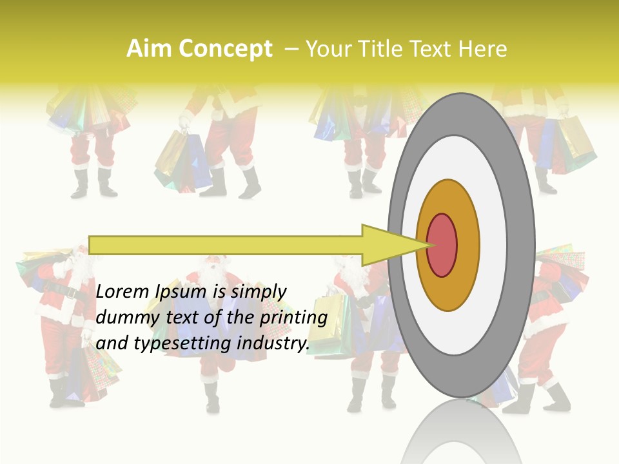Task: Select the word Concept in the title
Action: coord(225,49)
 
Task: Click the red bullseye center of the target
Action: coord(442,245)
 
